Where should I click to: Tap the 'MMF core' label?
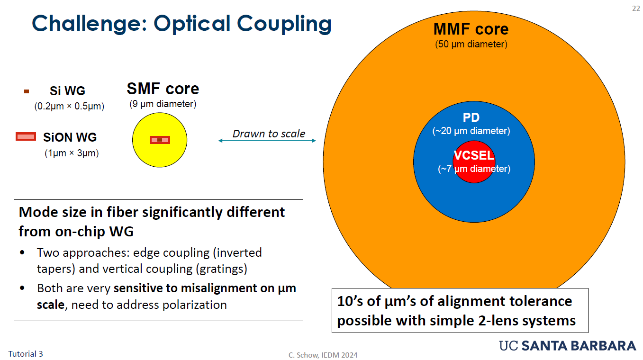[x=471, y=29]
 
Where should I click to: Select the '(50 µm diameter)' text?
[x=471, y=45]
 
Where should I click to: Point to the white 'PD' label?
[x=471, y=117]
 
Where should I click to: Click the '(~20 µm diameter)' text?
[x=471, y=131]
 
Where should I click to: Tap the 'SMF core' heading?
[x=163, y=89]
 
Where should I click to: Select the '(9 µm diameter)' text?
[x=163, y=104]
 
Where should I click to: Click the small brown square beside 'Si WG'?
[x=27, y=91]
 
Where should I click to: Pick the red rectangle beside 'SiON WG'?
[x=26, y=137]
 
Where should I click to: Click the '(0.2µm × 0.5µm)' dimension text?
[x=69, y=106]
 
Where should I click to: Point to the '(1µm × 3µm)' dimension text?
[x=72, y=153]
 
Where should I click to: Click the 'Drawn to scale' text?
[x=269, y=134]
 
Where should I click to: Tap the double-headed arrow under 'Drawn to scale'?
[x=267, y=141]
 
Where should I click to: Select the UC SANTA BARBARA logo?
[x=568, y=346]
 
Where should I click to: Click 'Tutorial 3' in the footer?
[x=26, y=353]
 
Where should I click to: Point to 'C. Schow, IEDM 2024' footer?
[x=323, y=355]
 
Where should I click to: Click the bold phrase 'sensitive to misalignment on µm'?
[x=205, y=288]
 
